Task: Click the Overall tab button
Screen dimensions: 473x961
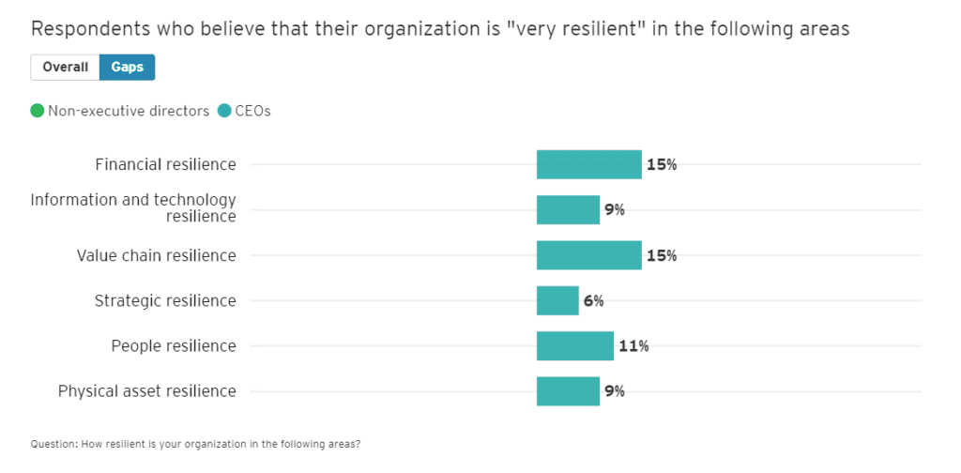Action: coord(65,68)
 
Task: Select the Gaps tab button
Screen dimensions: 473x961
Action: coord(128,68)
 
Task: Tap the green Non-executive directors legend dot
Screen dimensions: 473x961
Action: coord(38,111)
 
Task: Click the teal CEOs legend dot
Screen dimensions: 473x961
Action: coord(224,111)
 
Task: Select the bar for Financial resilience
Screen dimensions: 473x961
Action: coord(588,164)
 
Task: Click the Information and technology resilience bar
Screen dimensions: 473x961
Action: coord(568,209)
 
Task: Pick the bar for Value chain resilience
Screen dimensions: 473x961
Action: coord(588,255)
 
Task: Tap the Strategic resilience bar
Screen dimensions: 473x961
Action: coord(557,300)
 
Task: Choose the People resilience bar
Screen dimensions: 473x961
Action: coord(574,345)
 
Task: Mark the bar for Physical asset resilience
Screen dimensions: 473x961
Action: coord(568,391)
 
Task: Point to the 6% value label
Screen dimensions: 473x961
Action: coord(593,300)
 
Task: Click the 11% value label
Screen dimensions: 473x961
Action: coord(633,345)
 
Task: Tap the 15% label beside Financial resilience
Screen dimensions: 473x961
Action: coord(662,164)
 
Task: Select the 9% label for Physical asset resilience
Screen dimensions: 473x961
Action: coord(615,391)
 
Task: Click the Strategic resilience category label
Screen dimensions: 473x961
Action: coord(165,300)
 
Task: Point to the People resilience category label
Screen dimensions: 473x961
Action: coord(174,345)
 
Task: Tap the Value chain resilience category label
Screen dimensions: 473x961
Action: coord(156,255)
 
